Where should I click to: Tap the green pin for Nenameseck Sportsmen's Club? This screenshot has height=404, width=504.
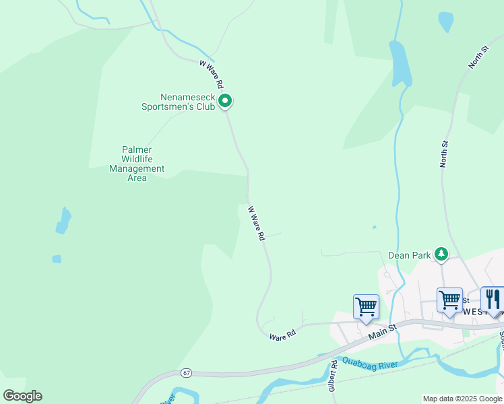pyautogui.click(x=226, y=101)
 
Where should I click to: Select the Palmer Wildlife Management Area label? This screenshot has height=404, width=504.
pyautogui.click(x=137, y=164)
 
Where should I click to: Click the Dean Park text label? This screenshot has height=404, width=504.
pyautogui.click(x=409, y=256)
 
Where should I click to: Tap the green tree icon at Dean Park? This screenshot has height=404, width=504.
pyautogui.click(x=441, y=254)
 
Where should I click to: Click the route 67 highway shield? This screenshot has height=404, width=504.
pyautogui.click(x=186, y=372)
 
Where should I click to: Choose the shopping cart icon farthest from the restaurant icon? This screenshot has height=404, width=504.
pyautogui.click(x=366, y=306)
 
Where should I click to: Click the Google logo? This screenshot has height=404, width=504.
pyautogui.click(x=22, y=396)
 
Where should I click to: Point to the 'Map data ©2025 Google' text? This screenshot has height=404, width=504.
pyautogui.click(x=462, y=399)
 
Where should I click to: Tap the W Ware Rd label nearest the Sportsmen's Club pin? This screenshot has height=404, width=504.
pyautogui.click(x=212, y=75)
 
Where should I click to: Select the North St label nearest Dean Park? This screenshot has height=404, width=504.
pyautogui.click(x=444, y=154)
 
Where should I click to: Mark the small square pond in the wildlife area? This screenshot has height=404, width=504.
pyautogui.click(x=57, y=259)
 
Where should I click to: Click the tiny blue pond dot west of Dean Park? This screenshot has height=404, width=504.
pyautogui.click(x=374, y=227)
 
